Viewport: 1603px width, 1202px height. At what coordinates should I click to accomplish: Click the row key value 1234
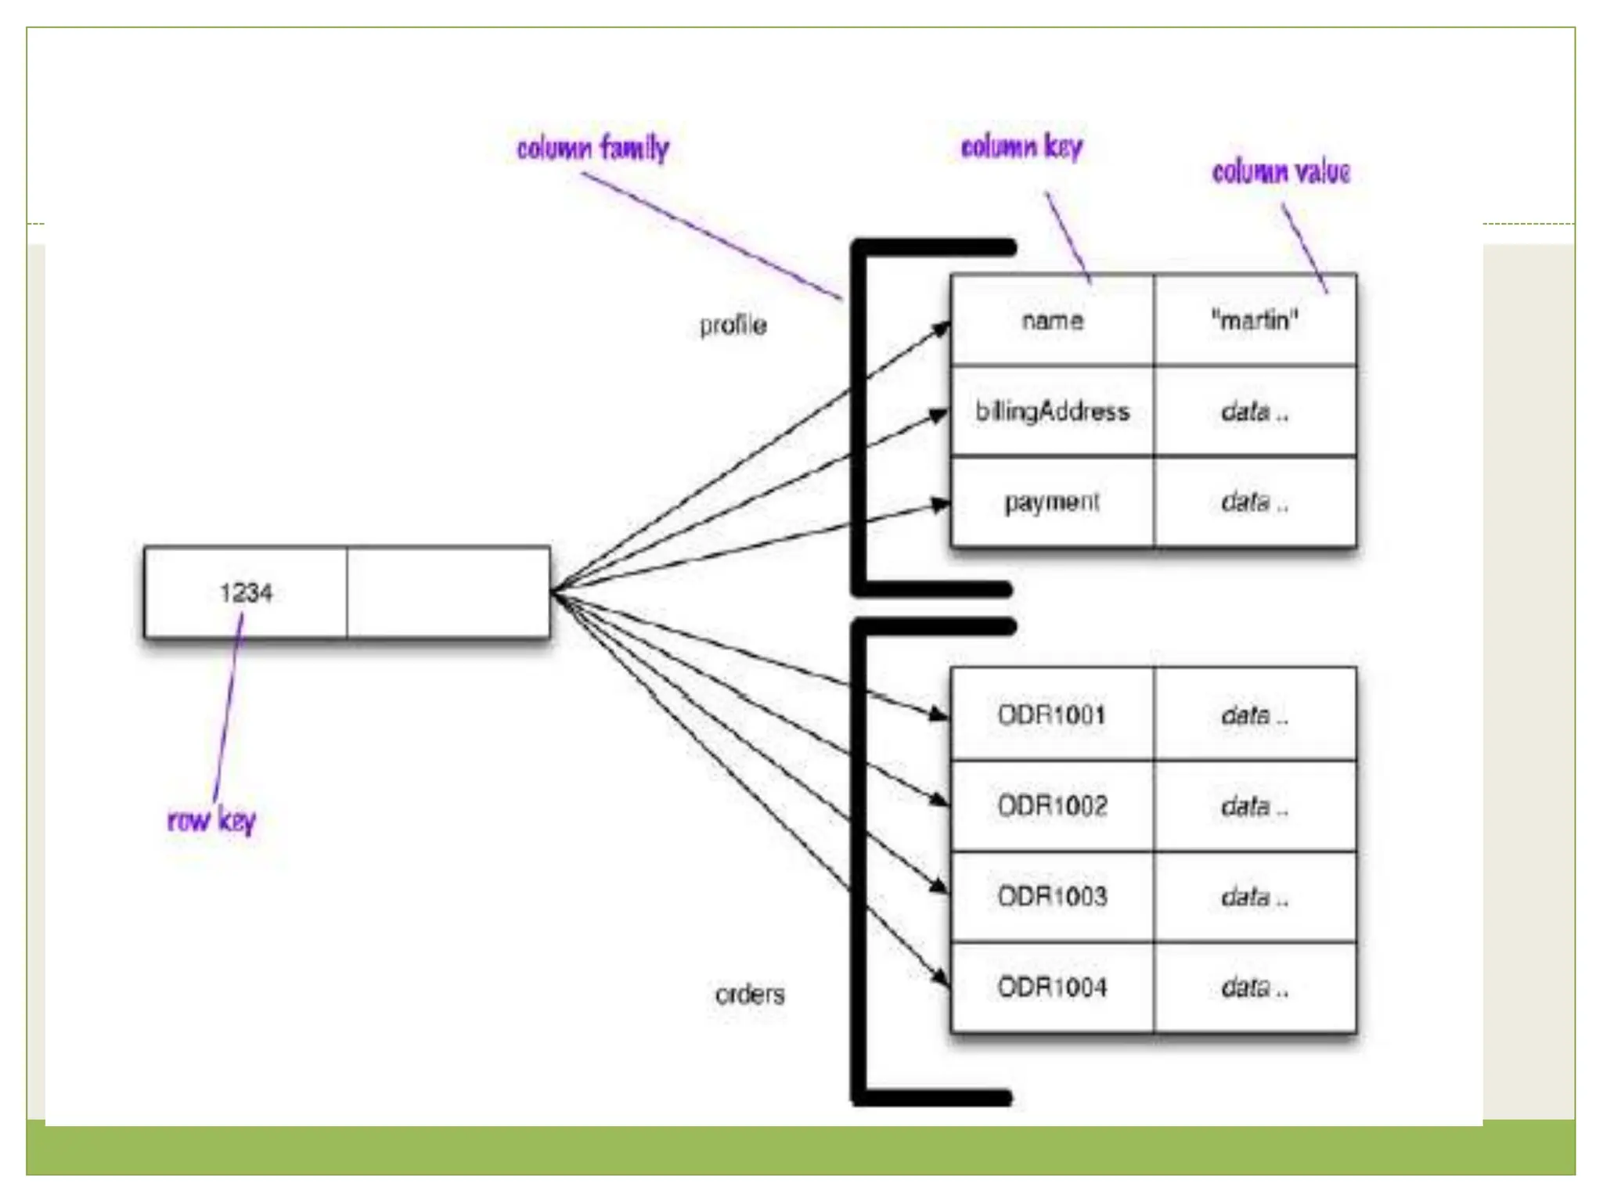tap(246, 592)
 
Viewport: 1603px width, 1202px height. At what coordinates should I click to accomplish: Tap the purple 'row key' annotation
tap(211, 820)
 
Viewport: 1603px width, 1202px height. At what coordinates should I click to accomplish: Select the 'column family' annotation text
tap(593, 148)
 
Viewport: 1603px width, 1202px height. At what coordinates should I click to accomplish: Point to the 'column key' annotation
tap(1021, 146)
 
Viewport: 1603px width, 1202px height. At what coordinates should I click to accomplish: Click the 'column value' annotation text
tap(1281, 171)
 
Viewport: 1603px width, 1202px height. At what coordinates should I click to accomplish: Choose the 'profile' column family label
tap(733, 325)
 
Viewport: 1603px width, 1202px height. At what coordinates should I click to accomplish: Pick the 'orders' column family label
tap(749, 994)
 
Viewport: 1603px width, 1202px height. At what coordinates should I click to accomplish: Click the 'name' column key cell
tap(1052, 320)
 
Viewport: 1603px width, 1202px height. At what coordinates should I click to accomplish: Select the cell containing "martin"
tap(1255, 320)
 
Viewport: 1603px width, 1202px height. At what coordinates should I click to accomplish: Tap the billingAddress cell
tap(1052, 411)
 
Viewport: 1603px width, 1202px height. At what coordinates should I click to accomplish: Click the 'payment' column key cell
tap(1052, 502)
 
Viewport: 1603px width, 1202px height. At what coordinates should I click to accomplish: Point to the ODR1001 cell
tap(1052, 714)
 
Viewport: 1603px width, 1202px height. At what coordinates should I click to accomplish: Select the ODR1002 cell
tap(1052, 805)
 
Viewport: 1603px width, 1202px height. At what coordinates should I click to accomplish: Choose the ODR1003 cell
tap(1052, 896)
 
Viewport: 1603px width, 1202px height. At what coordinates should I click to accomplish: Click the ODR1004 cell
tap(1052, 987)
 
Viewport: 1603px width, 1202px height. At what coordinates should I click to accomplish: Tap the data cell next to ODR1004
tap(1255, 987)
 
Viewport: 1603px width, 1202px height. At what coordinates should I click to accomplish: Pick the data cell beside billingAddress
tap(1255, 411)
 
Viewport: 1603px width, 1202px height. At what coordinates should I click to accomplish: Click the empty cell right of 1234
tap(448, 592)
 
